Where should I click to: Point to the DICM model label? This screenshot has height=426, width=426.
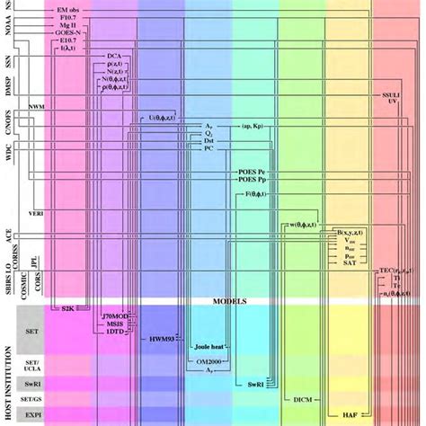pyautogui.click(x=302, y=395)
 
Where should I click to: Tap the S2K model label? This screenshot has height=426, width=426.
pyautogui.click(x=66, y=308)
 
